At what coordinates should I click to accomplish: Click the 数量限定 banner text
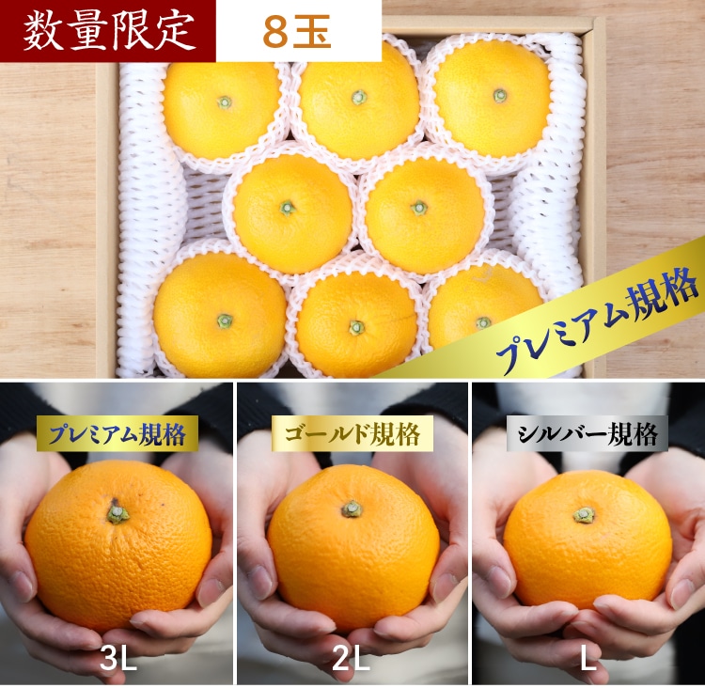(109, 31)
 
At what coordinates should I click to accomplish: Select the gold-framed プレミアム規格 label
(117, 434)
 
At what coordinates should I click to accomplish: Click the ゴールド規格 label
(352, 434)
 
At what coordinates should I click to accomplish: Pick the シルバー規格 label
(587, 434)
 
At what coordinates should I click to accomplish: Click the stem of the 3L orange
(117, 512)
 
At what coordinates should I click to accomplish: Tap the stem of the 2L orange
(352, 509)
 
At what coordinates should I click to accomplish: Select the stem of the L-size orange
(584, 515)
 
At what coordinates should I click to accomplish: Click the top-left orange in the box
(221, 109)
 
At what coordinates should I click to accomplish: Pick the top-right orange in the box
(493, 98)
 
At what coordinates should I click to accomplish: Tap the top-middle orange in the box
(359, 102)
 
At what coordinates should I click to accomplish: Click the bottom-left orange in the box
(220, 315)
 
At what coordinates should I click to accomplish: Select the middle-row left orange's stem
(288, 208)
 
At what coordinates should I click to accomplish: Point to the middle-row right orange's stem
(419, 208)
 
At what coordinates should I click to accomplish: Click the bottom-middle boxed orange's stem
(356, 327)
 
